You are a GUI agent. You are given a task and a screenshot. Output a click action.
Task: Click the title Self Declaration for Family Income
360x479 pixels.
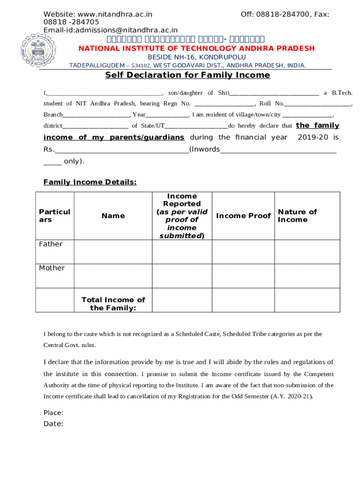coord(187,75)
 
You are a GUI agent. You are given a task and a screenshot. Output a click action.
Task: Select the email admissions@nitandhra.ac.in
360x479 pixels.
coord(126,30)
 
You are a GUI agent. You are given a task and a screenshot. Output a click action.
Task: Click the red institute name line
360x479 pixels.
coord(196,49)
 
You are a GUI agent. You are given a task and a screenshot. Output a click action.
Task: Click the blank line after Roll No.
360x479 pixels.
coord(317,104)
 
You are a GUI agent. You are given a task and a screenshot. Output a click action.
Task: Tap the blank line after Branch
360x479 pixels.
coord(96,115)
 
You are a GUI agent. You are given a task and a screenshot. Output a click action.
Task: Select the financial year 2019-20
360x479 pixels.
coord(313,138)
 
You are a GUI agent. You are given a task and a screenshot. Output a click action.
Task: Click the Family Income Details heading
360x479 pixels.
coord(90,182)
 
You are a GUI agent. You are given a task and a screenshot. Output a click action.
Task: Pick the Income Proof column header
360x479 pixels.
coord(243,216)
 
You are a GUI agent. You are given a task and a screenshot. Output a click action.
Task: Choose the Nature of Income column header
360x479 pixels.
coord(297,216)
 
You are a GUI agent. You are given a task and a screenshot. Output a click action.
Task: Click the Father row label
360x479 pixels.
coord(50,244)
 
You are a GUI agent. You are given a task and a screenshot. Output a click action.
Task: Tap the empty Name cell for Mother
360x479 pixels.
coord(113,276)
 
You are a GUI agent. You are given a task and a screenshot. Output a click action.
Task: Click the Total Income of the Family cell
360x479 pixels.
coord(113,304)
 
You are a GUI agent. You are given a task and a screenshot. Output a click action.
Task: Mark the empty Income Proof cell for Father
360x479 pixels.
coord(243,252)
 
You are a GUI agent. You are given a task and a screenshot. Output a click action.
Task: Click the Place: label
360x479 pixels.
coord(53,413)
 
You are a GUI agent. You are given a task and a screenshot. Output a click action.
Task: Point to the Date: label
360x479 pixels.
coord(53,424)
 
